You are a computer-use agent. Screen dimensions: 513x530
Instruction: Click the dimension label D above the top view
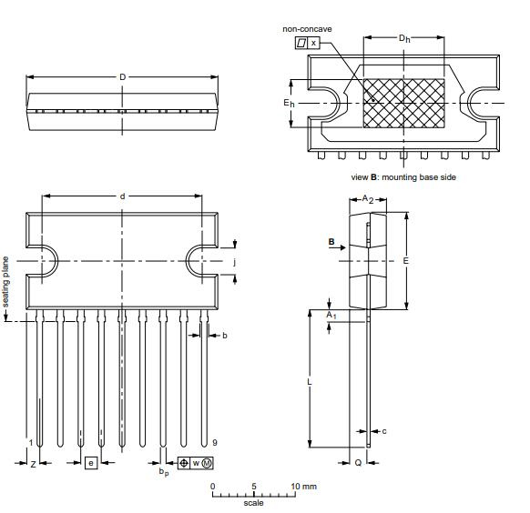(x=122, y=76)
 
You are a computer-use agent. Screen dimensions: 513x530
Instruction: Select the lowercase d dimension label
(x=122, y=196)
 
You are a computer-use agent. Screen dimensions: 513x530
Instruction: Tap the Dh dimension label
(x=403, y=38)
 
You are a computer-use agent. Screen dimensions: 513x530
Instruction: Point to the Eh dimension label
(x=288, y=104)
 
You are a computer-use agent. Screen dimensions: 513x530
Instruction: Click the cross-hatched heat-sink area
(x=403, y=102)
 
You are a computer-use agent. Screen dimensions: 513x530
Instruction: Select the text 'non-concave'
(x=308, y=29)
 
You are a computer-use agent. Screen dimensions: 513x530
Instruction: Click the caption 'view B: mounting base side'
(x=403, y=176)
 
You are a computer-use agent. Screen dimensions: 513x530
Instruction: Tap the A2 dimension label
(x=368, y=198)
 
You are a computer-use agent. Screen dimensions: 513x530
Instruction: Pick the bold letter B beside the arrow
(x=331, y=243)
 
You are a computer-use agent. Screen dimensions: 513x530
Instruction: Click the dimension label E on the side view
(x=406, y=260)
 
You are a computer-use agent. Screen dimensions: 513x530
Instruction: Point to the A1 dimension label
(x=332, y=315)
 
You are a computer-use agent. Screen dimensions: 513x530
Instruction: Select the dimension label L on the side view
(x=310, y=383)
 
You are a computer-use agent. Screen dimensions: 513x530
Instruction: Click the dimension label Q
(x=358, y=463)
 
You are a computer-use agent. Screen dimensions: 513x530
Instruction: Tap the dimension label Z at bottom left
(x=33, y=463)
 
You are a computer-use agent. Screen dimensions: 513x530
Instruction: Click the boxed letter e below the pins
(x=90, y=463)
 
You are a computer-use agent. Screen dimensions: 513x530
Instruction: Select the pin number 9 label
(x=214, y=443)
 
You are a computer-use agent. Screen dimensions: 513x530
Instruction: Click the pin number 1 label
(x=30, y=443)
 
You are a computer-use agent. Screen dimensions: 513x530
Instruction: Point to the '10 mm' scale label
(x=303, y=487)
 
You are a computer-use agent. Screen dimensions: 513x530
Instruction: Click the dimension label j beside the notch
(x=235, y=262)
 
